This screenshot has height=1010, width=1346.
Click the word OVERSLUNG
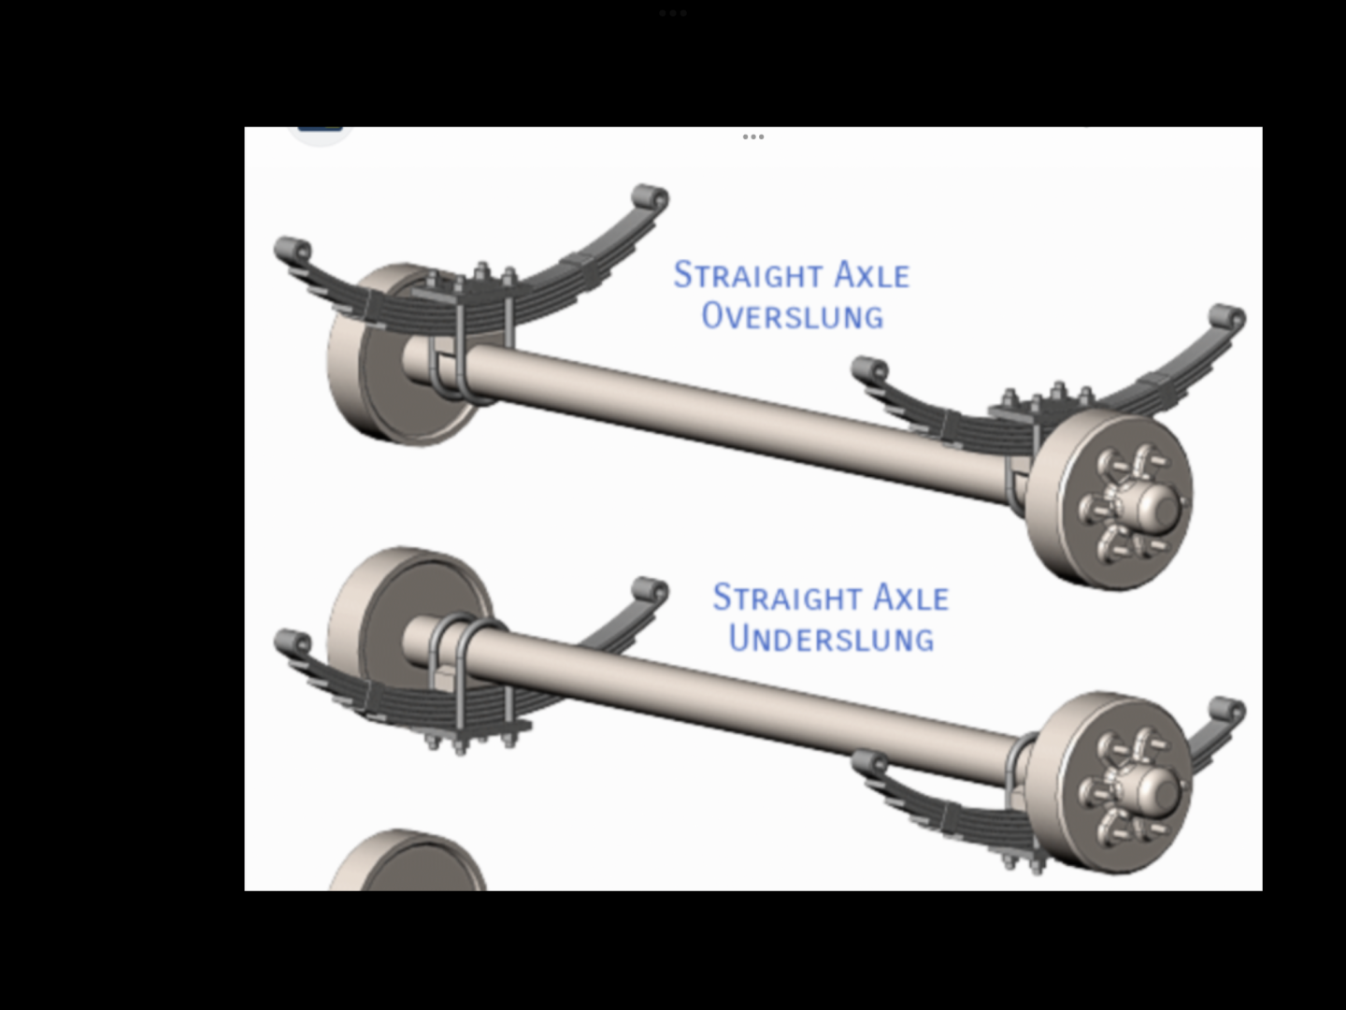(x=793, y=316)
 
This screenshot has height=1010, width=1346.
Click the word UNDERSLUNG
(x=832, y=639)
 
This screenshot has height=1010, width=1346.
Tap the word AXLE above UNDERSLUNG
(x=910, y=598)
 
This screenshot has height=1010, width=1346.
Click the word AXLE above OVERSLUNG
(x=871, y=275)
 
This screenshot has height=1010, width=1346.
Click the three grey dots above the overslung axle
(x=753, y=137)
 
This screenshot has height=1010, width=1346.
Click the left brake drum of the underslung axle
(x=398, y=619)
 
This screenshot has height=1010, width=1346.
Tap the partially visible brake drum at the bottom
(x=408, y=861)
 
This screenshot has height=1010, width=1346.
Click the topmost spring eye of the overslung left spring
(x=651, y=198)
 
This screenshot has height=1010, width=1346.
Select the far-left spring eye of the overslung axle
(x=293, y=251)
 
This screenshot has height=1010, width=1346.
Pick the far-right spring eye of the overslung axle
(x=1227, y=319)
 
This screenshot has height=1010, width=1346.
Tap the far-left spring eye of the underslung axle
(x=293, y=643)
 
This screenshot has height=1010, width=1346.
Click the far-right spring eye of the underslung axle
(x=1227, y=712)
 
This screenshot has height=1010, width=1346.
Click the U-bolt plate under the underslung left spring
(x=472, y=731)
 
